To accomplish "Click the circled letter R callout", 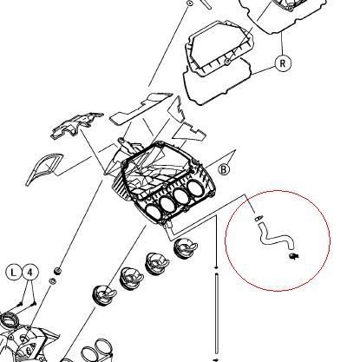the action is tap(282, 63).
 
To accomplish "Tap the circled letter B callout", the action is tap(224, 169).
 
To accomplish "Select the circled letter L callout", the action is tap(13, 273).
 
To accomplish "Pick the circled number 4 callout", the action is tap(30, 273).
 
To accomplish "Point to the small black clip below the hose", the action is tap(294, 256).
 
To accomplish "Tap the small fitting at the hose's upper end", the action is tap(259, 218).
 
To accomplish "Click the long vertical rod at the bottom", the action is tap(216, 313).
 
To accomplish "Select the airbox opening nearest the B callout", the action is tap(197, 188).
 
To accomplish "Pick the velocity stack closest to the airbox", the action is tap(185, 248).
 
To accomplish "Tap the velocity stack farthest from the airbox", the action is tap(104, 295).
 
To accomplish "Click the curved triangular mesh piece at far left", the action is tap(43, 169).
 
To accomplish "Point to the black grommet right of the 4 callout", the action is tap(58, 271).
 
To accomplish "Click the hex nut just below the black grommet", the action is tap(53, 280).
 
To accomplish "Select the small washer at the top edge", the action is tap(190, 3).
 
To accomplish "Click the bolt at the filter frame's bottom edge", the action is tap(228, 61).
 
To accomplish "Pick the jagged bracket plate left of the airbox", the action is tap(75, 125).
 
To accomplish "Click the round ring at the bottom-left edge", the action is tap(10, 320).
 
